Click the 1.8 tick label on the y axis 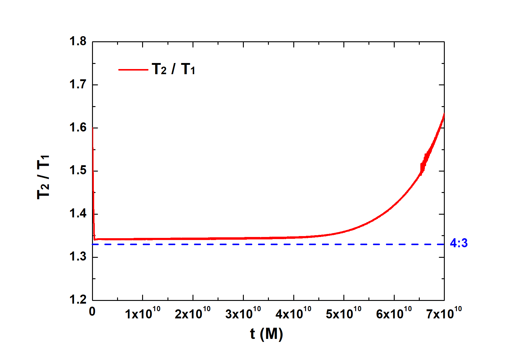point(78,41)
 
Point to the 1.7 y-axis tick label point(78,84)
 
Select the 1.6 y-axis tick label point(78,128)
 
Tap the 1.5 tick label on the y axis point(78,171)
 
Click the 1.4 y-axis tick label point(78,214)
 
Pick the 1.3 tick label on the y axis point(78,257)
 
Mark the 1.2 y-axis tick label point(78,300)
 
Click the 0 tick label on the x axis point(92,312)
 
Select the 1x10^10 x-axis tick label point(143,313)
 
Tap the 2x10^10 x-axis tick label point(193,313)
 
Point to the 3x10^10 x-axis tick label point(243,313)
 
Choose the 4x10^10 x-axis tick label point(293,313)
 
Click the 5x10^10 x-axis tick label point(344,313)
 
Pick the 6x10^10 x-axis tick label point(394,313)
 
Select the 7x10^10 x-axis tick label point(444,313)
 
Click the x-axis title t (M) point(266,334)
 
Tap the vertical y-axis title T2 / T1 point(43,177)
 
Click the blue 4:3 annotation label point(459,243)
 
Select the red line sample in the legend point(133,70)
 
